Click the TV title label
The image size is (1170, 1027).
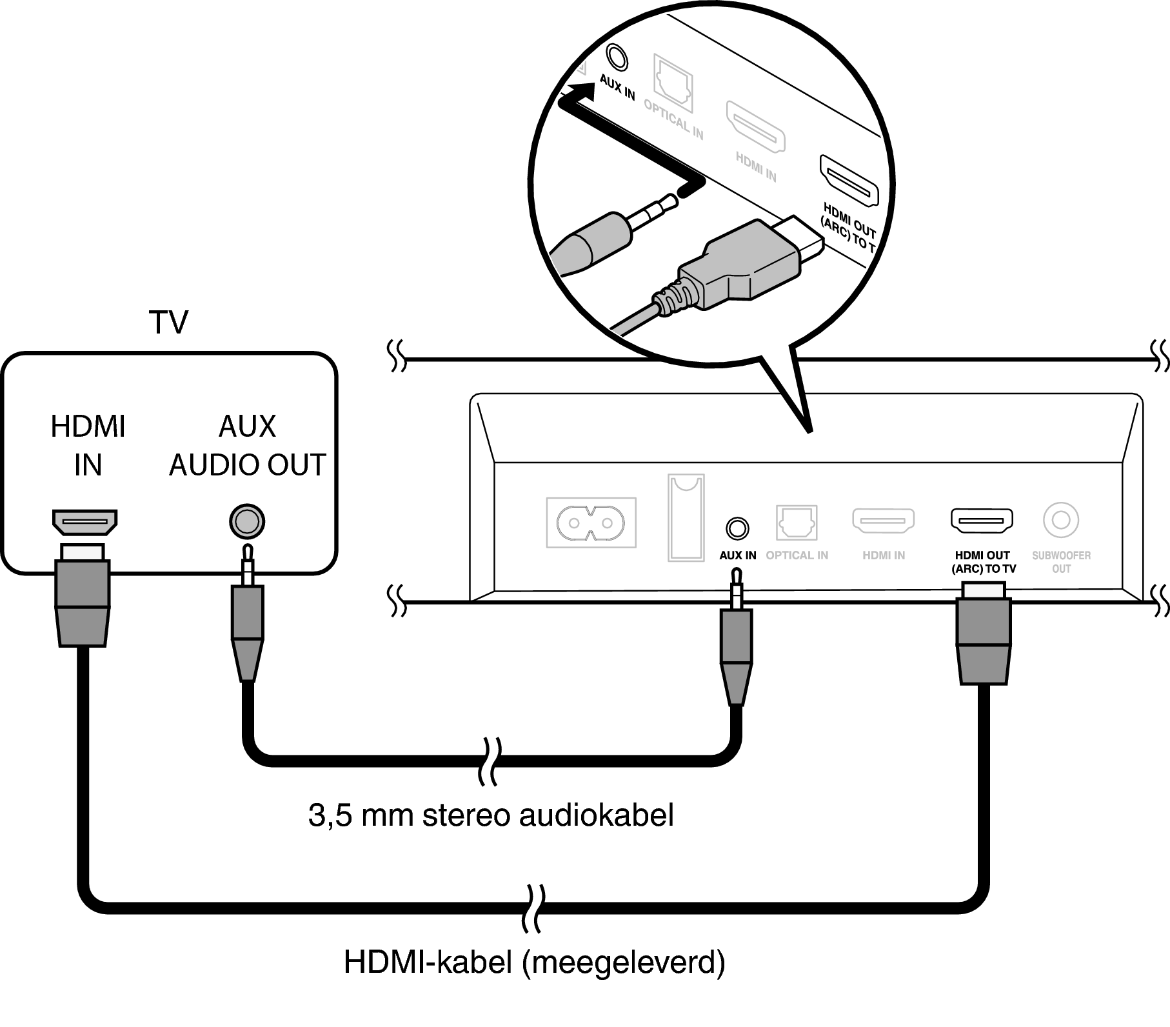(x=168, y=323)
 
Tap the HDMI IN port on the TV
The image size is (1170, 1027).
(x=84, y=521)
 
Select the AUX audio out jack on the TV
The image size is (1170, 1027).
(x=247, y=521)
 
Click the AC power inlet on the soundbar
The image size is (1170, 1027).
(x=591, y=522)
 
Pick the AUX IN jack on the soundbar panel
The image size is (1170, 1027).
(x=737, y=528)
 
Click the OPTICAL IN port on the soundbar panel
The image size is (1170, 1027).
(x=797, y=523)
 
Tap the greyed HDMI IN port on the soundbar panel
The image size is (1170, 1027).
(x=884, y=521)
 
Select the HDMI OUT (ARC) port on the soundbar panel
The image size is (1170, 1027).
(x=982, y=521)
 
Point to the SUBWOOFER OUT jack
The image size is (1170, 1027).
(x=1060, y=520)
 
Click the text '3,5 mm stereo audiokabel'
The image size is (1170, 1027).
(x=491, y=815)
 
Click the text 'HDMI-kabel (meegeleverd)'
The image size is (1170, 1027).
(x=534, y=962)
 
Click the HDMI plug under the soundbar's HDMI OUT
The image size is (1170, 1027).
(x=983, y=635)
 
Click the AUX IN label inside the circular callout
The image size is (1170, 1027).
(x=617, y=87)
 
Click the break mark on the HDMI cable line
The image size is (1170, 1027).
(x=535, y=908)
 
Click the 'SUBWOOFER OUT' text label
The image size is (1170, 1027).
(x=1061, y=562)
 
